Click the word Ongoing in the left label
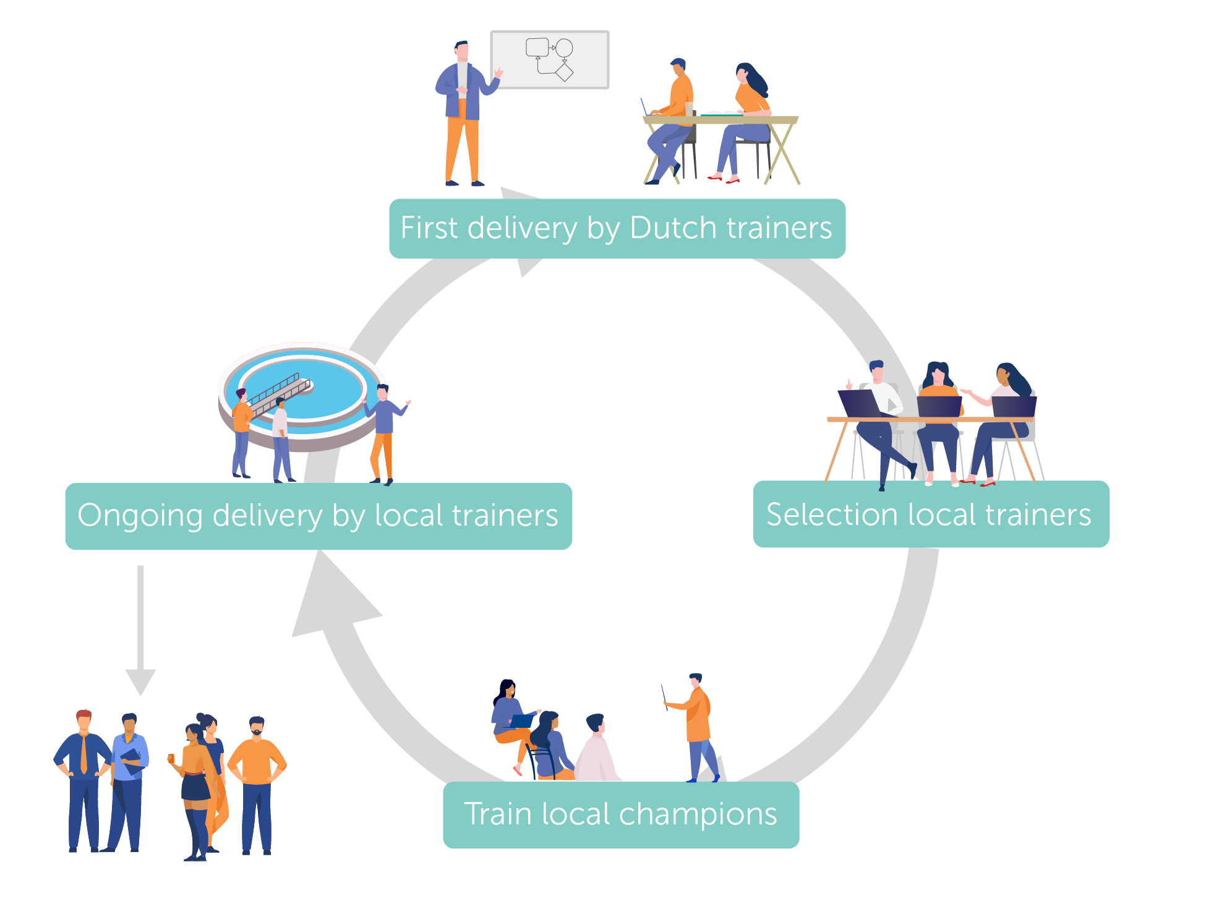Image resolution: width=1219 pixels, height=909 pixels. pos(140,516)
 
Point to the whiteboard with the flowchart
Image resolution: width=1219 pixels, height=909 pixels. pos(550,60)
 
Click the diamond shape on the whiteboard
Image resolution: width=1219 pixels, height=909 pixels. pos(564,72)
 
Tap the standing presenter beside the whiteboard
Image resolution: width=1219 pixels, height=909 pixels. pos(463,114)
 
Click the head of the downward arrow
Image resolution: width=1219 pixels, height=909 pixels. pos(140,681)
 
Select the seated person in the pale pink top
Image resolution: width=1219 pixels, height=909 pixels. pos(596,751)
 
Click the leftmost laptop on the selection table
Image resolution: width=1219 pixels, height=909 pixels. pos(858,403)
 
